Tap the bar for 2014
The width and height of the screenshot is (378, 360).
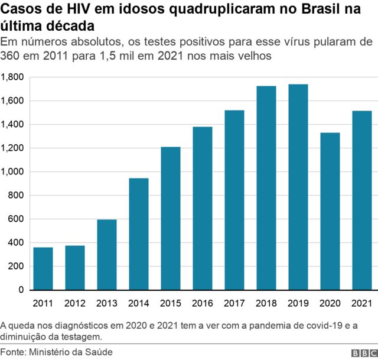coord(139,234)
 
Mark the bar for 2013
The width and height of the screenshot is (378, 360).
coord(107,255)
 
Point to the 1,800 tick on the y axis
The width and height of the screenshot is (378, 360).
coord(12,77)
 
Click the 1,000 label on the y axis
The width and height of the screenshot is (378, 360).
coord(12,172)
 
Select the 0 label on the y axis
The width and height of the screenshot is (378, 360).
coord(20,290)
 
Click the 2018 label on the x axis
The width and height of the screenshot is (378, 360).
coord(266,304)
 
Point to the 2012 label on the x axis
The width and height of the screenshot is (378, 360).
coord(75,304)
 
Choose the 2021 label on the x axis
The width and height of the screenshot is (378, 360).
coord(361,304)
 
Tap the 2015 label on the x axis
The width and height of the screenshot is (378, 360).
coord(171,304)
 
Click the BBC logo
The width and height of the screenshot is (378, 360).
coord(363,353)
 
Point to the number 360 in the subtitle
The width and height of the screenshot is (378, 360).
coord(11,57)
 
